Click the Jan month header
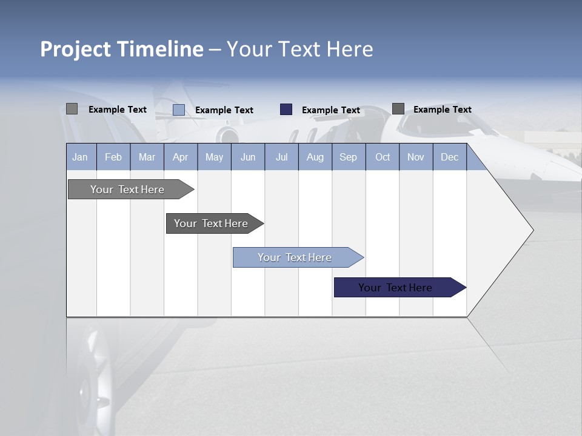(x=80, y=157)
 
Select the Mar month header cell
(x=147, y=157)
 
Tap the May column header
(x=214, y=157)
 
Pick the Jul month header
(x=281, y=157)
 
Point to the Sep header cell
(x=348, y=157)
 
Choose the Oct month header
(x=383, y=157)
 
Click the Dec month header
(x=449, y=157)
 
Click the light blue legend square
(x=179, y=110)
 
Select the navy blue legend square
(x=286, y=110)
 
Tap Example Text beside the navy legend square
(x=330, y=110)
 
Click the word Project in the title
(x=75, y=49)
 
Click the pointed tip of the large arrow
(x=531, y=230)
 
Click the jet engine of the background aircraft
(x=228, y=134)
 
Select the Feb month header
(x=113, y=157)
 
